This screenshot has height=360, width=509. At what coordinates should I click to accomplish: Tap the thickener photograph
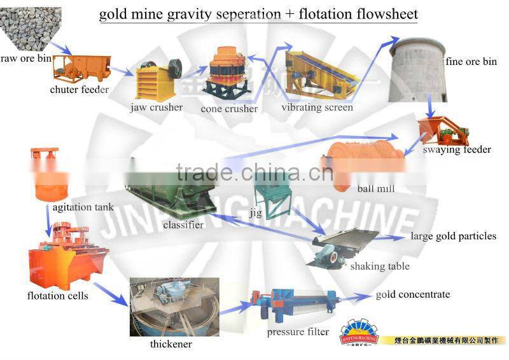[x=174, y=307]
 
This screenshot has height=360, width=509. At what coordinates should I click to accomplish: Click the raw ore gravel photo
[x=30, y=29]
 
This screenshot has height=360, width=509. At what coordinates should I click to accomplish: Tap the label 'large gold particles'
[x=453, y=237]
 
